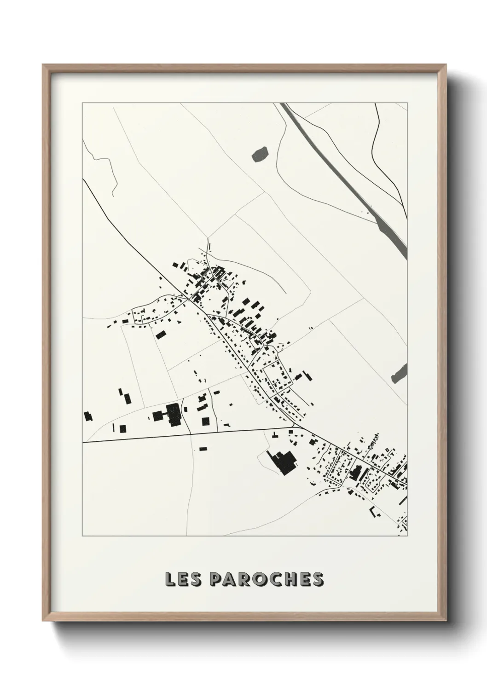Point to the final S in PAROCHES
pyautogui.click(x=318, y=580)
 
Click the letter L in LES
pyautogui.click(x=170, y=580)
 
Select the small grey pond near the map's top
pyautogui.click(x=260, y=154)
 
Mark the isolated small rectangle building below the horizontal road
pyautogui.click(x=203, y=448)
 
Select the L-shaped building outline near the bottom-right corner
pyautogui.click(x=374, y=511)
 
